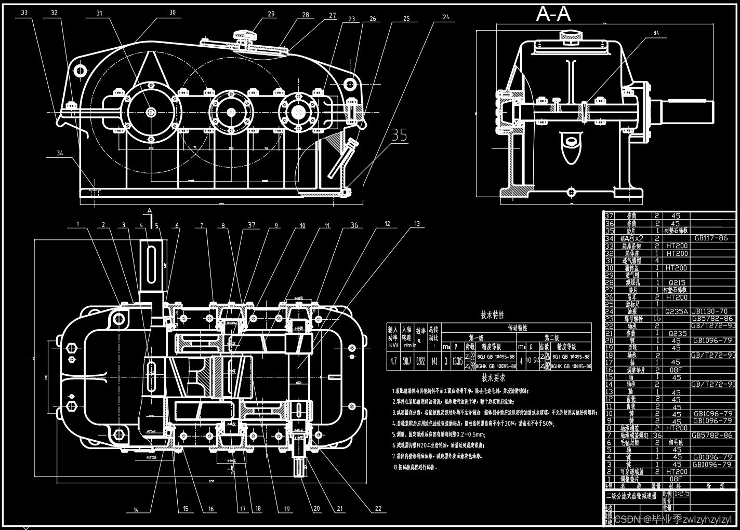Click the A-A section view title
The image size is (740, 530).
pos(553,14)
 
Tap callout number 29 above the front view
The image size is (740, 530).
pos(271,14)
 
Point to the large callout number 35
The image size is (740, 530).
pos(400,135)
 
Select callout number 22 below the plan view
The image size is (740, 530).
pos(378,509)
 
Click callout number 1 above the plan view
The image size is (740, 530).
pos(78,225)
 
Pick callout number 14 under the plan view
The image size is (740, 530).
pos(136,510)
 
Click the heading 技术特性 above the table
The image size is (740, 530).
pos(492,315)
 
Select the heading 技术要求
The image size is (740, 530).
pos(493,378)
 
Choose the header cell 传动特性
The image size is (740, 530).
pos(517,328)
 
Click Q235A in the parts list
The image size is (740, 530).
pos(676,311)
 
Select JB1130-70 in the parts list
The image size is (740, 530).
pos(709,311)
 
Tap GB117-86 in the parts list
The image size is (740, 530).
pos(711,238)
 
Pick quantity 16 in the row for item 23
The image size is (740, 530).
pos(657,319)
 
